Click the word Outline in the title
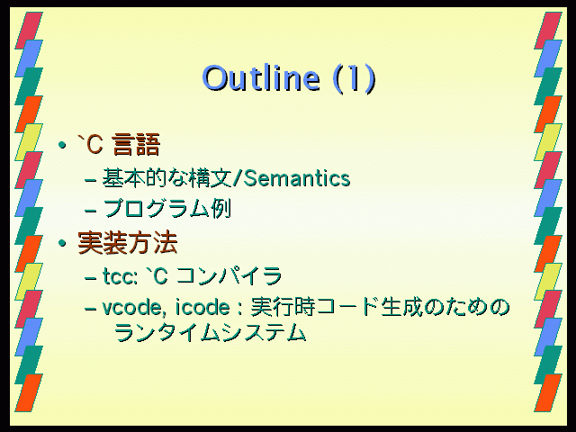tap(261, 78)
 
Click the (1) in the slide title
tap(355, 78)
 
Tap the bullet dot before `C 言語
tap(62, 145)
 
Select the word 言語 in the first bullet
tap(136, 145)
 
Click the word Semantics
tap(297, 178)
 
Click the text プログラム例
tap(166, 209)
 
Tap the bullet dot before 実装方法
tap(62, 243)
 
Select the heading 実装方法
tap(128, 243)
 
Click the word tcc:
tap(120, 276)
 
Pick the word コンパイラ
tap(229, 276)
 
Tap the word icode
tap(202, 307)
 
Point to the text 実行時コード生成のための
tap(380, 307)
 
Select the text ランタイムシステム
tap(210, 333)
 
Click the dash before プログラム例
tap(90, 211)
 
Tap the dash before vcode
tap(90, 309)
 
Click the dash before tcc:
tap(90, 278)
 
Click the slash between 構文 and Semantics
tap(238, 179)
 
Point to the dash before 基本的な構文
tap(90, 180)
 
